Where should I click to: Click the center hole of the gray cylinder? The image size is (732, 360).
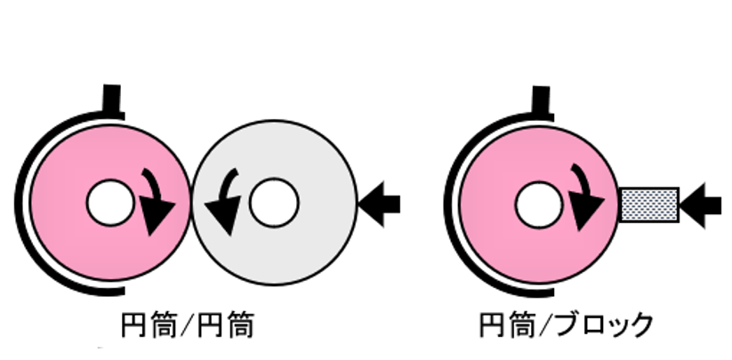tap(273, 204)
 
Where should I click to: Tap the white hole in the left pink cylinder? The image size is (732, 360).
tap(109, 204)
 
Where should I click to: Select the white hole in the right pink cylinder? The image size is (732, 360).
tap(538, 204)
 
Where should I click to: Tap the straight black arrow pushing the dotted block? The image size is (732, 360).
tap(706, 204)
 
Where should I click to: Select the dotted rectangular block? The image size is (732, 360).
tap(649, 204)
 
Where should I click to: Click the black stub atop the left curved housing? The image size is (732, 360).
tap(112, 98)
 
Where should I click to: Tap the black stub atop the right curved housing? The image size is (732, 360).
tap(541, 98)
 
